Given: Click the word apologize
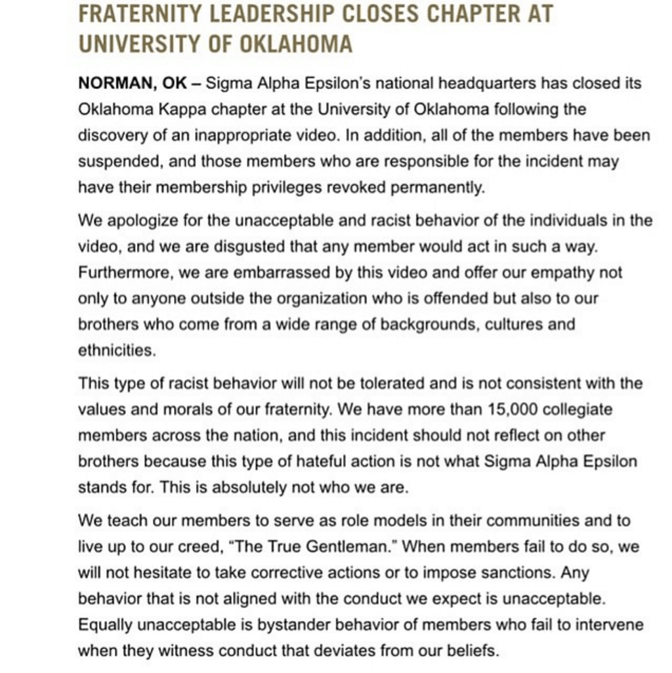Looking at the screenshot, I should [x=142, y=220].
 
